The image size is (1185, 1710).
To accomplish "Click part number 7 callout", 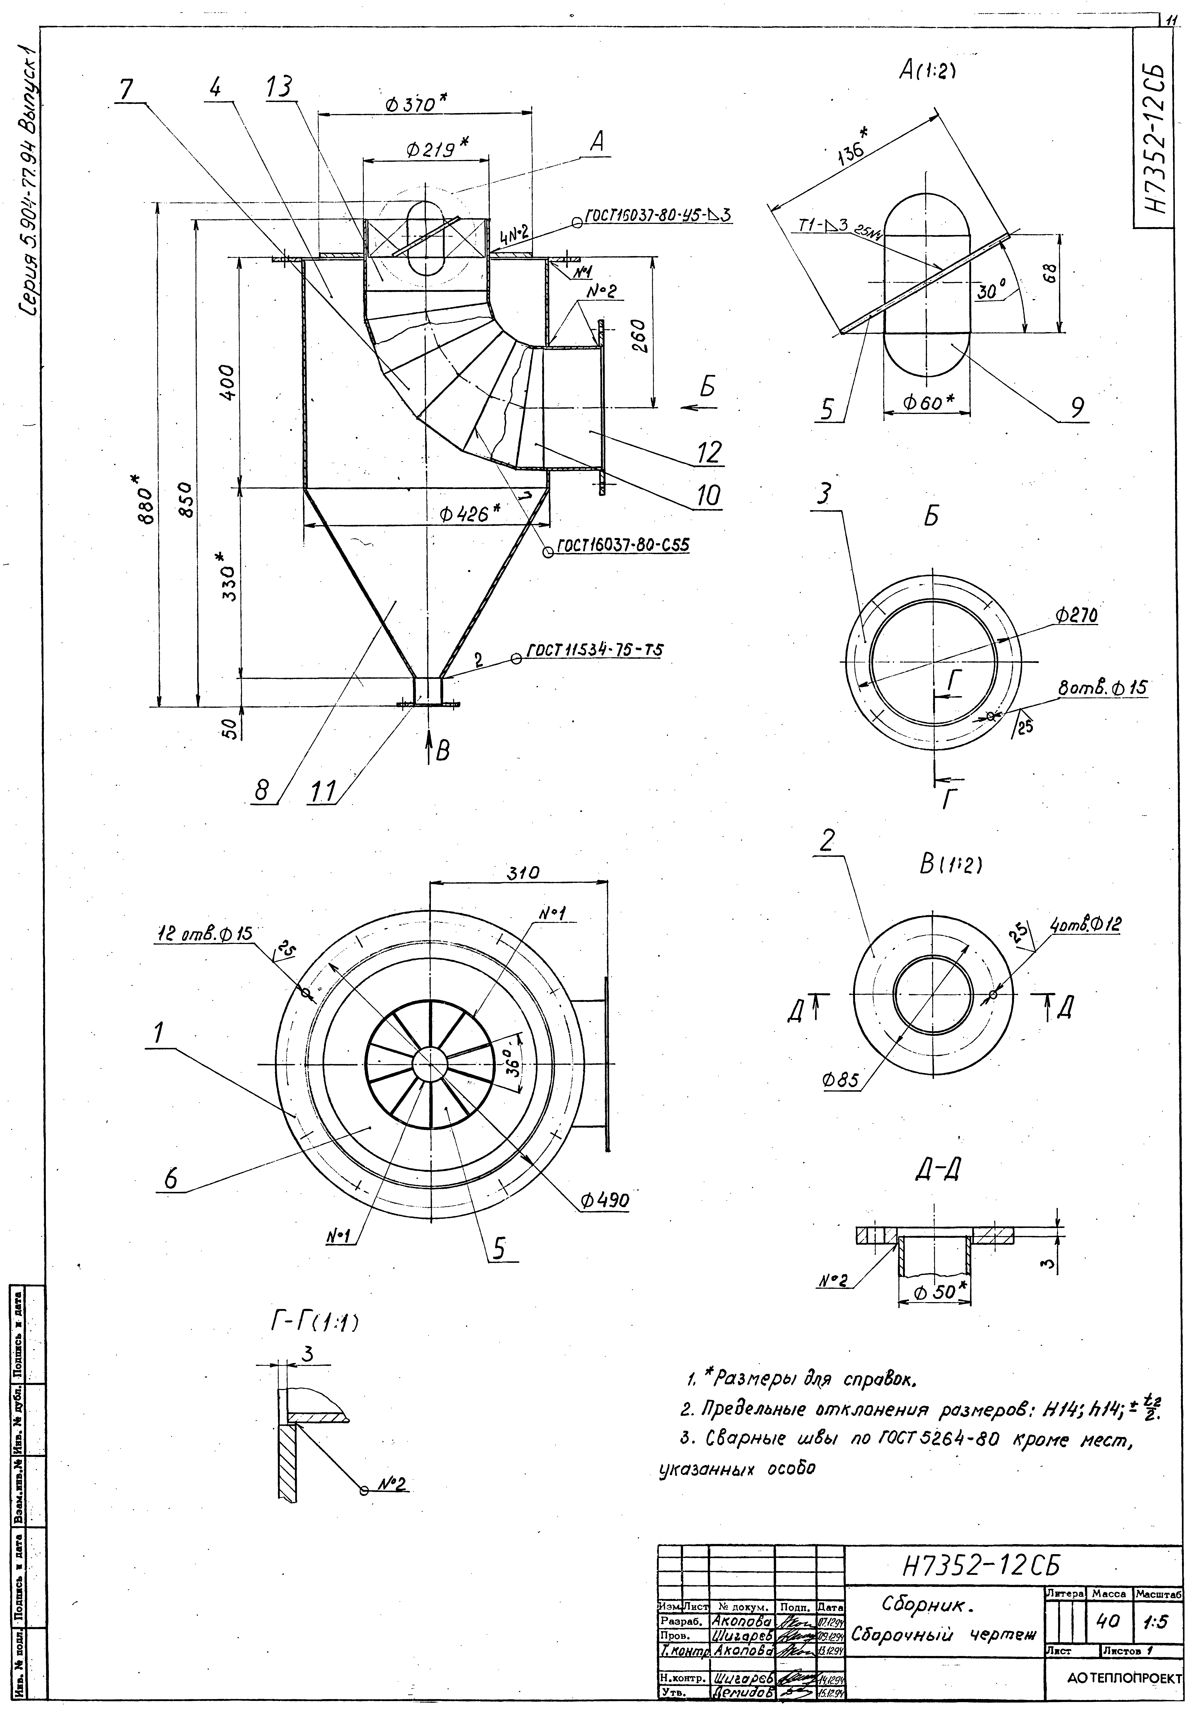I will pyautogui.click(x=126, y=90).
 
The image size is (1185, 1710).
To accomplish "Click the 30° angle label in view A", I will pyautogui.click(x=990, y=292).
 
